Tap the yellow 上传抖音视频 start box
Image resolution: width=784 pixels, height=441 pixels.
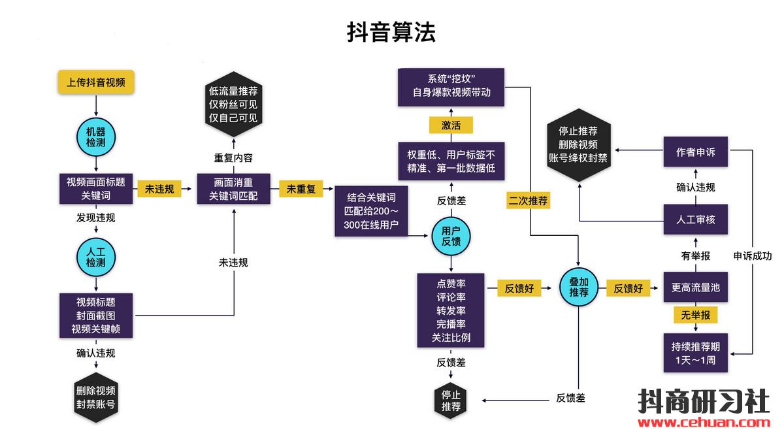click(x=96, y=82)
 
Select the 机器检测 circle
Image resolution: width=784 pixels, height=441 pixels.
click(x=96, y=136)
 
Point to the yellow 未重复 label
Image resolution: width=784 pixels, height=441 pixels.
click(x=301, y=189)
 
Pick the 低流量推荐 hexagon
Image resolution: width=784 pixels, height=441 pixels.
click(x=233, y=105)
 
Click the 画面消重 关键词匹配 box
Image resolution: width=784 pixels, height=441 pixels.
click(x=233, y=189)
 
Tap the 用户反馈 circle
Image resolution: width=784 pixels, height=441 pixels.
click(x=451, y=237)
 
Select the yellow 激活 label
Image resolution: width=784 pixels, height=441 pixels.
click(x=451, y=125)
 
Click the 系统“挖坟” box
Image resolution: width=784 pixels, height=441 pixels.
click(x=451, y=87)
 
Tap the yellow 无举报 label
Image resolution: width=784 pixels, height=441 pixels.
click(x=695, y=316)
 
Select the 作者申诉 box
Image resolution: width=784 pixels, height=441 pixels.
click(x=695, y=152)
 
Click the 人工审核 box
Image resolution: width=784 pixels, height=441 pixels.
click(x=695, y=220)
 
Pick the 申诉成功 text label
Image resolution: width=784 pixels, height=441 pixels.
click(x=752, y=256)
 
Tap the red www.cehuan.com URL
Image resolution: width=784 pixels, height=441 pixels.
click(x=704, y=423)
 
